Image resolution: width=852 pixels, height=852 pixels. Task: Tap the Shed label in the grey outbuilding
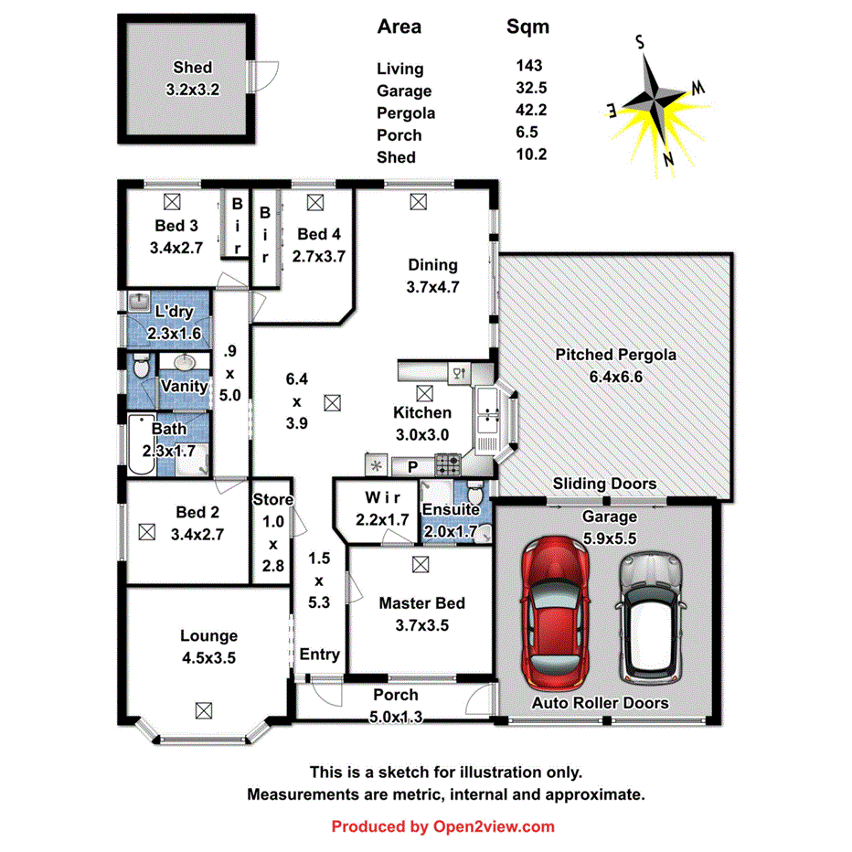pos(192,68)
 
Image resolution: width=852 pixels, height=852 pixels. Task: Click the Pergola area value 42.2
pos(531,111)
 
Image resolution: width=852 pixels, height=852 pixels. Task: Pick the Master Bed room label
pos(421,603)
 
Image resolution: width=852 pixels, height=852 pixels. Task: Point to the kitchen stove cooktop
pos(448,465)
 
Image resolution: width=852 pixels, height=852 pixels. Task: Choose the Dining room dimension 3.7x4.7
pos(432,285)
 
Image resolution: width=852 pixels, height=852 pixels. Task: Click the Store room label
pos(272,500)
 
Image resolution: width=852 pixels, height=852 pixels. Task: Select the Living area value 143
pos(528,66)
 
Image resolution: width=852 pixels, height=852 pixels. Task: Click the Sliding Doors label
pos(604,484)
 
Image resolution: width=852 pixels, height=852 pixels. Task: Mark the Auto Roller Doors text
pos(601,703)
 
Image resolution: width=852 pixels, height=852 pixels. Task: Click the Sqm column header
pos(528,27)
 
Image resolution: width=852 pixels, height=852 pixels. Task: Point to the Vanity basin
pos(187,362)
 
